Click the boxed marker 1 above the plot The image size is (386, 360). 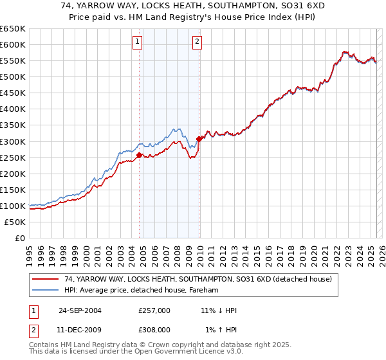[138, 42]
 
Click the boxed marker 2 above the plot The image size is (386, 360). [196, 42]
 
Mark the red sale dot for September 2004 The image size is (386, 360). [140, 155]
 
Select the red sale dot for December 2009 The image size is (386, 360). [199, 138]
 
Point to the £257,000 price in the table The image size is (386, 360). [154, 310]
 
